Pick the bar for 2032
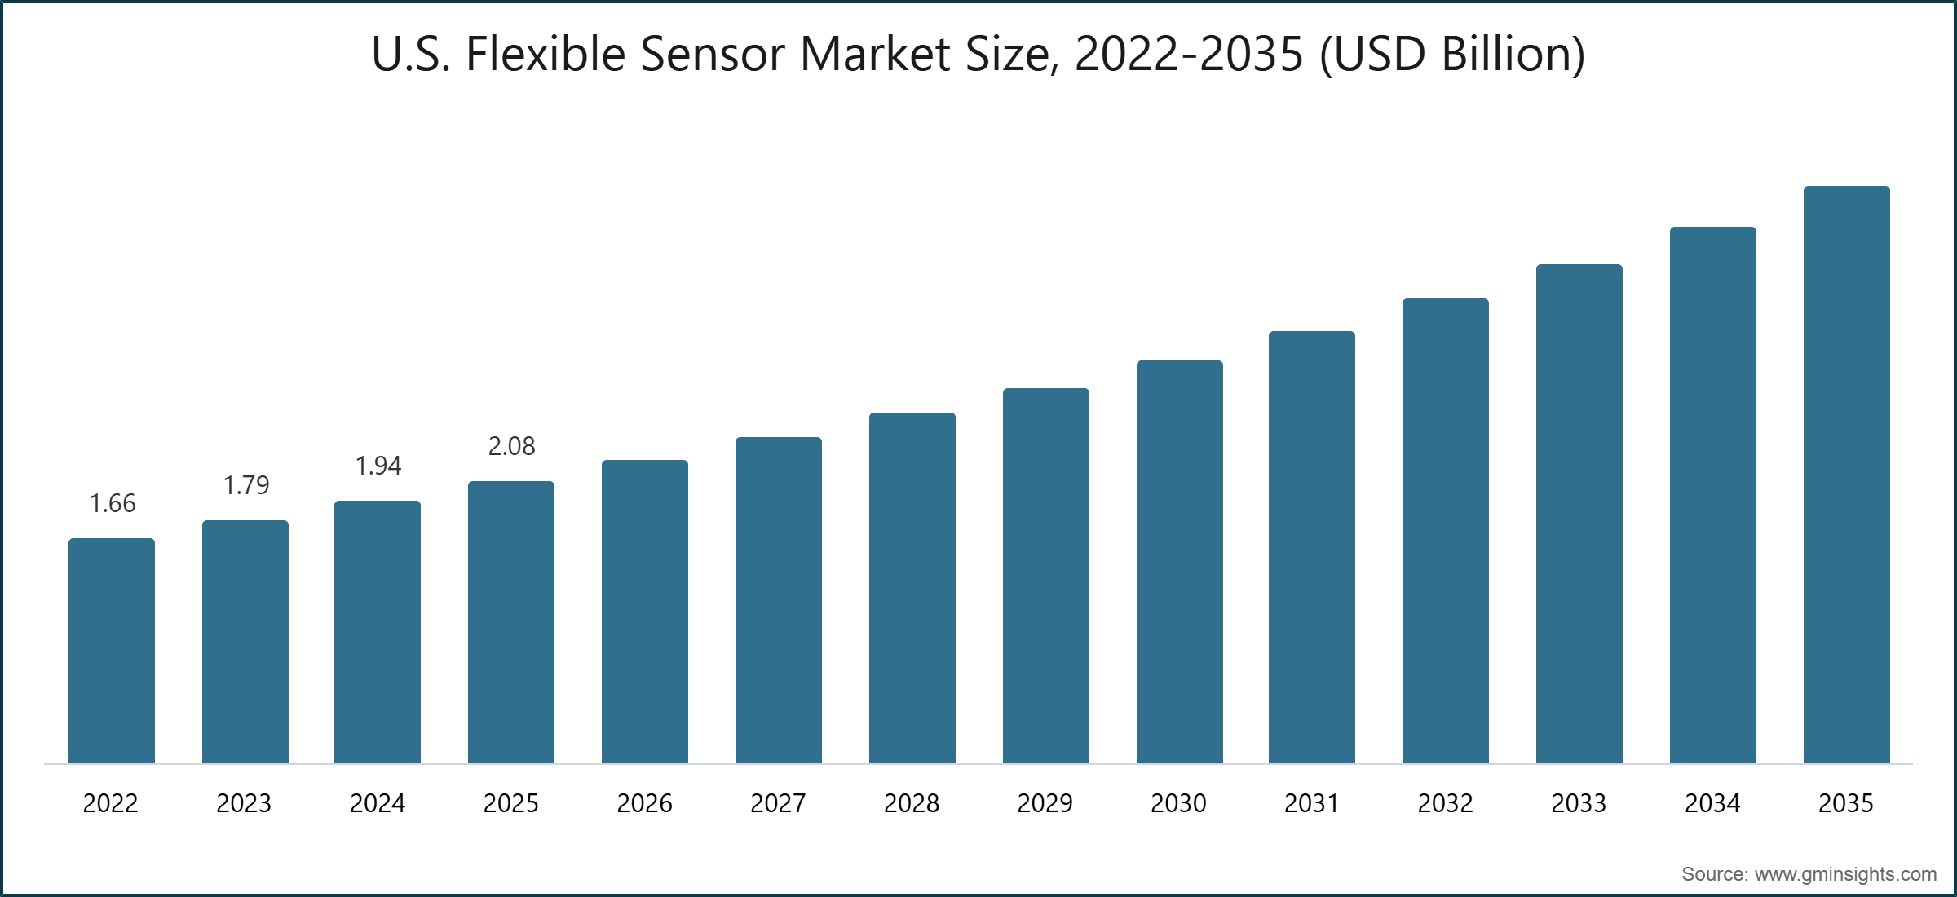(1445, 531)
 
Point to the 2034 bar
(1712, 495)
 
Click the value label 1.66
(113, 503)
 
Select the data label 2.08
(511, 446)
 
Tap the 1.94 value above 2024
(378, 466)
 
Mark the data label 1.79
(245, 485)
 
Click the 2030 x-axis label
(1178, 803)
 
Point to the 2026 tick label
(644, 803)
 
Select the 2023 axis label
(244, 803)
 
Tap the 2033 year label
(1579, 803)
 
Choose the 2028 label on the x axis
(912, 803)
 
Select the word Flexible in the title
(545, 55)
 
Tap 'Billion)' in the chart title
(1513, 55)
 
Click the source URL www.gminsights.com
(1845, 874)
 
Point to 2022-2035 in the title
(1189, 55)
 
